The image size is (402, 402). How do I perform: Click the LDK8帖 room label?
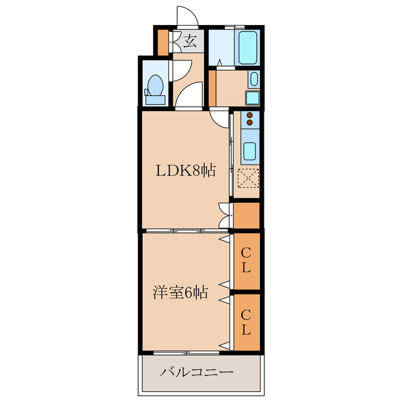click(x=186, y=170)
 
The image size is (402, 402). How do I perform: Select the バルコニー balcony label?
click(x=197, y=372)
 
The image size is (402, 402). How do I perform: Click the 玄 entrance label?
click(x=190, y=41)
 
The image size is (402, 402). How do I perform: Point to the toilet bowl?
click(x=156, y=85)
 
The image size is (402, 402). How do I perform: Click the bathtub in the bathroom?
click(x=247, y=48)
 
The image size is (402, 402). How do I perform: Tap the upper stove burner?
click(x=250, y=116)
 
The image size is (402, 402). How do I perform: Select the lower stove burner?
click(x=250, y=122)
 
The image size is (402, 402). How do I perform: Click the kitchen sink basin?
click(x=250, y=151)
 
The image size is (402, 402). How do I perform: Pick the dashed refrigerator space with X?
click(x=248, y=178)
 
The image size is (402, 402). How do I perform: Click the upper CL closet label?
click(x=246, y=261)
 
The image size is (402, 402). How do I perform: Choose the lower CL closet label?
click(x=246, y=322)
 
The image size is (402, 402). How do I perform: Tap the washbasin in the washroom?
click(x=254, y=79)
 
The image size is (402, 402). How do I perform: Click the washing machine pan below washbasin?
click(x=253, y=98)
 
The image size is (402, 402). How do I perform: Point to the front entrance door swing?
click(x=187, y=16)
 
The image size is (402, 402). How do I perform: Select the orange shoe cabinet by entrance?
click(x=163, y=43)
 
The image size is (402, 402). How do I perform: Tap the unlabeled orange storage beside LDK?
click(x=246, y=215)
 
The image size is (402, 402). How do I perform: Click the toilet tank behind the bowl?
click(x=155, y=100)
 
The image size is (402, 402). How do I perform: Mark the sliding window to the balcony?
click(x=187, y=353)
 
